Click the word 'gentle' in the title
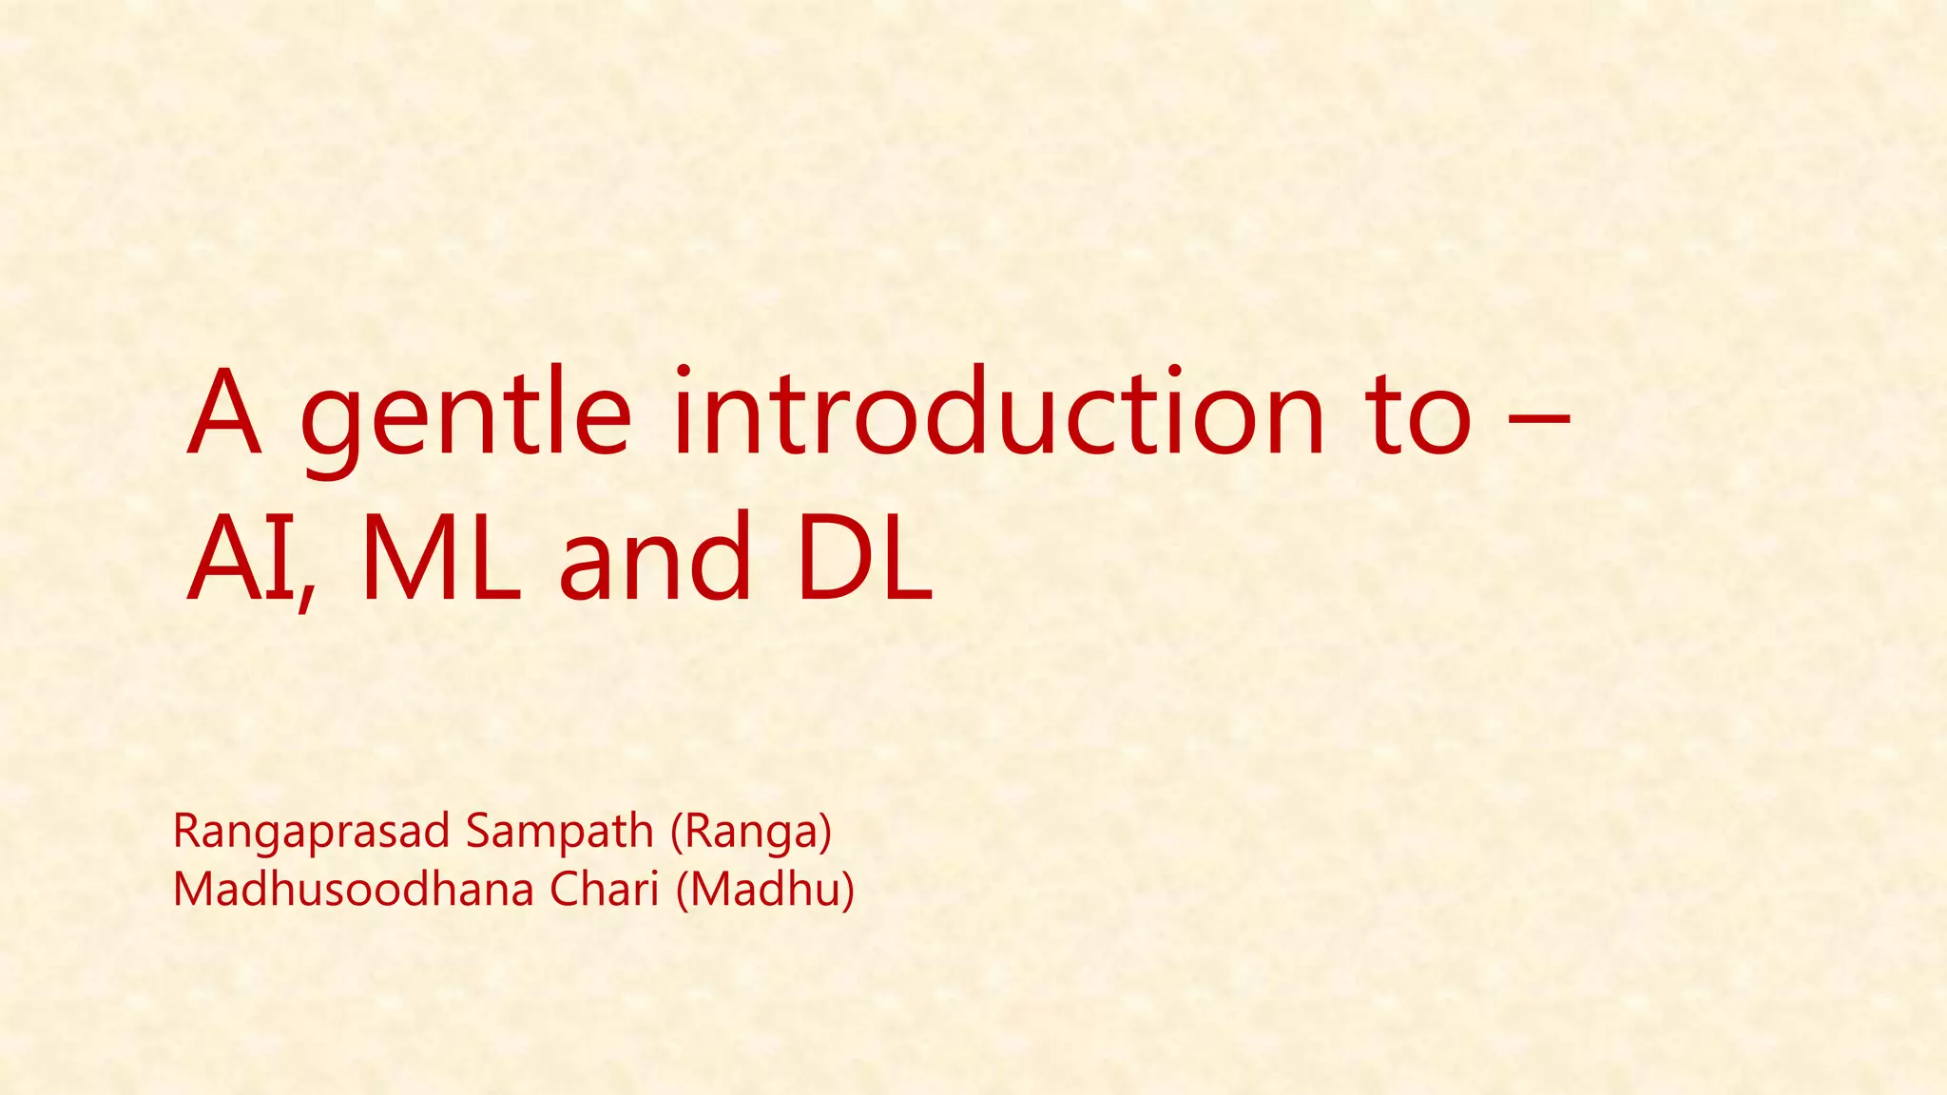click(x=465, y=418)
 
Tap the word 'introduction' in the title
click(x=998, y=413)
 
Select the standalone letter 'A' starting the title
click(x=224, y=413)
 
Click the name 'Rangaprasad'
click(x=311, y=833)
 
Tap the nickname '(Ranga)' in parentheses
click(x=751, y=833)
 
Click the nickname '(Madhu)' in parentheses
click(x=765, y=890)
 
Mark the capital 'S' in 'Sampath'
click(x=476, y=833)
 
